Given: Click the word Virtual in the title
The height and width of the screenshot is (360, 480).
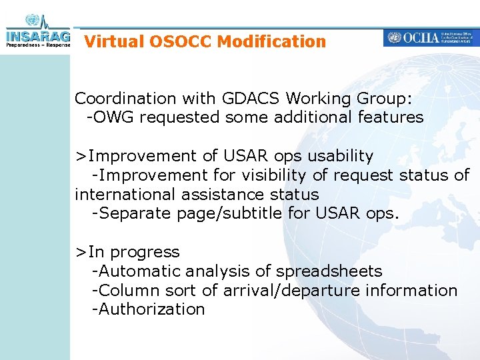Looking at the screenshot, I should click(114, 41).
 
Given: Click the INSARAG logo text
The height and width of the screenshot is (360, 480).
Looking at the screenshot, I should click(37, 35).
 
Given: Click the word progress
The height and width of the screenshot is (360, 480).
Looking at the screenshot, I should click(145, 252).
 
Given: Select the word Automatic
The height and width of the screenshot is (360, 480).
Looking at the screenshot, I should click(140, 271).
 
